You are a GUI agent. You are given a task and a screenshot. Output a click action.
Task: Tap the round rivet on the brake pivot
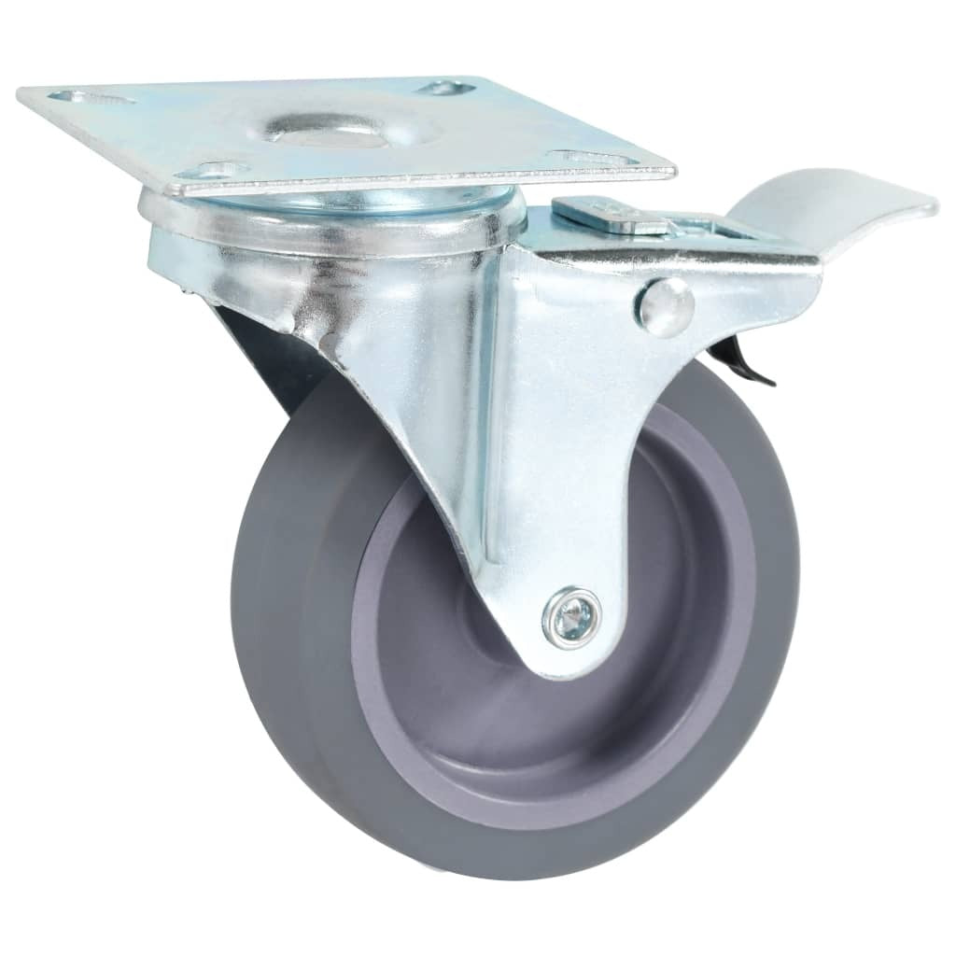tap(666, 305)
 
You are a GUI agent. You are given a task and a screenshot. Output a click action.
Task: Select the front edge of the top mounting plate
tap(420, 184)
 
